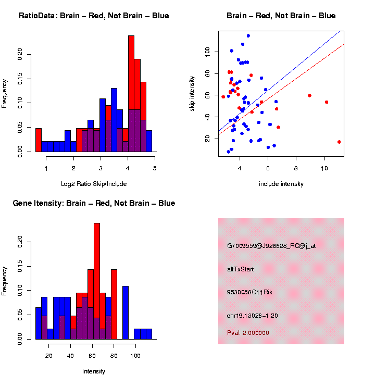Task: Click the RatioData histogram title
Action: tap(94, 16)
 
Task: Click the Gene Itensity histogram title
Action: tap(94, 203)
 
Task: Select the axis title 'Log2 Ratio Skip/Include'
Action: tap(94, 184)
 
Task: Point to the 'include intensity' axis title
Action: tap(281, 184)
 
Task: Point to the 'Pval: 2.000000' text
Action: tap(248, 333)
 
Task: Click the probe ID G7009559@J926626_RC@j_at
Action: tap(271, 246)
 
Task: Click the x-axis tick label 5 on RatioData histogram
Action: tap(155, 168)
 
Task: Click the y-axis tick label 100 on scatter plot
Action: tap(207, 52)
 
